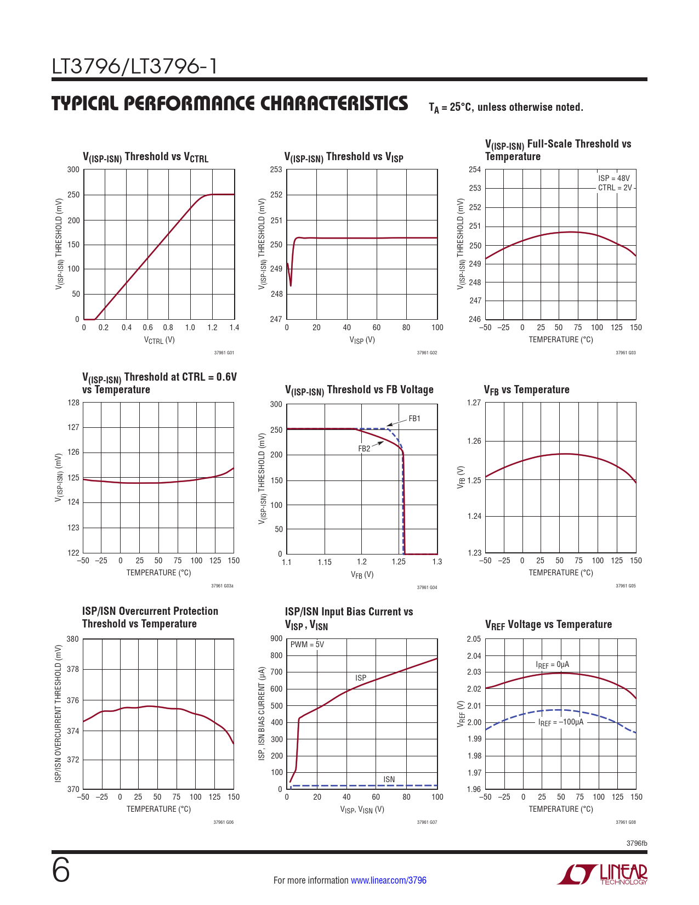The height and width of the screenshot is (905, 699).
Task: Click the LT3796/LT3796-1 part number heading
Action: coord(134,67)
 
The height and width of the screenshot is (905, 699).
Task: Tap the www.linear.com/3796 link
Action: coord(388,880)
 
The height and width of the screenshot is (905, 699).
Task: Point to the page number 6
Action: coord(61,870)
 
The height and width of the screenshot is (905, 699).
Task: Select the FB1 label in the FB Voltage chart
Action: coord(414,418)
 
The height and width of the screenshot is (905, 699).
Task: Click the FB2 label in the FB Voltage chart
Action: coord(364,448)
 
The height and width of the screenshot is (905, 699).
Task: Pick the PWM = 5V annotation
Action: coord(307,644)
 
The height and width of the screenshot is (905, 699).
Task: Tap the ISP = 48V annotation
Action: coord(614,178)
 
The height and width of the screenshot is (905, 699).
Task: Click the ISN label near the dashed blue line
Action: coord(389,779)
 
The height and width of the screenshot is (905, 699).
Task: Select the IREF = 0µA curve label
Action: coord(553,665)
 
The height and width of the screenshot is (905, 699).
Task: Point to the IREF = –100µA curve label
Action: coord(561,722)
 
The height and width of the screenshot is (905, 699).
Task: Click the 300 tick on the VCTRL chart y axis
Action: coord(73,169)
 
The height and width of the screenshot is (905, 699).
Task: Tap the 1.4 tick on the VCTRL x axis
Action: coord(234,327)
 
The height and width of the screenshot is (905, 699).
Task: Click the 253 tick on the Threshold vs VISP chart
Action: coord(276,169)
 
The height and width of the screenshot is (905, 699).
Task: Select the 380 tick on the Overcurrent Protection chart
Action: coord(73,639)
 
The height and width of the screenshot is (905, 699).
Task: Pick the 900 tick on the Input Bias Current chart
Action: coord(276,638)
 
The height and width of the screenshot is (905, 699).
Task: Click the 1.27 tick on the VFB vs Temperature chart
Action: coord(474,403)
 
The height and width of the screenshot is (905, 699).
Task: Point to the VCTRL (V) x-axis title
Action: coord(159,340)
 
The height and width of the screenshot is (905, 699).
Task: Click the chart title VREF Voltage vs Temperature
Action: coord(548,625)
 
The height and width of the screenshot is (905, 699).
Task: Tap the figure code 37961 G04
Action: coord(427,587)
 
